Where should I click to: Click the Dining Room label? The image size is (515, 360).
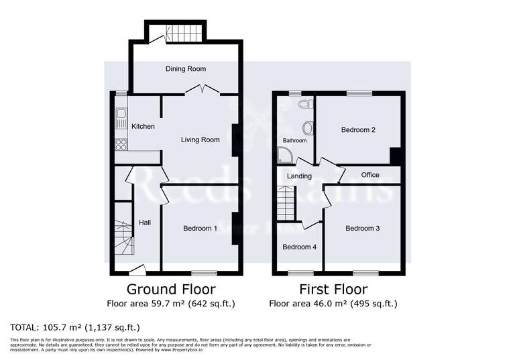[186, 69]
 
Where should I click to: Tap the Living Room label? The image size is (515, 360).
[201, 140]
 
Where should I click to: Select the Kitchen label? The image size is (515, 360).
[143, 127]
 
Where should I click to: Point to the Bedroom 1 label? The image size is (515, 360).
[201, 229]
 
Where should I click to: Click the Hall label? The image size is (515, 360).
[145, 223]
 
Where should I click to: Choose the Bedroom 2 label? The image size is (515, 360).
[358, 130]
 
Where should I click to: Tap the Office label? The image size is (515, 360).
[370, 175]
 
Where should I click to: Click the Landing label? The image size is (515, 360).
[299, 176]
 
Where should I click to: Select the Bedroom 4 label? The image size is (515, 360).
[299, 247]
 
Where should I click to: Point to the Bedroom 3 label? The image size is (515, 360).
[363, 229]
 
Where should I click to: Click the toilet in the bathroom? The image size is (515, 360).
[305, 105]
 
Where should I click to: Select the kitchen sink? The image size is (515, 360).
[121, 119]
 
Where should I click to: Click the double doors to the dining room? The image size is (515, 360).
[202, 88]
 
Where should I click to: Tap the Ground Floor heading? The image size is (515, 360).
[171, 290]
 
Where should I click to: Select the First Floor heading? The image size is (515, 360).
[333, 290]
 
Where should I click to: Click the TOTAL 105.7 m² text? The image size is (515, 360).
[74, 328]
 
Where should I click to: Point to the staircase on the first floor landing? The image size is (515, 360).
[286, 203]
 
